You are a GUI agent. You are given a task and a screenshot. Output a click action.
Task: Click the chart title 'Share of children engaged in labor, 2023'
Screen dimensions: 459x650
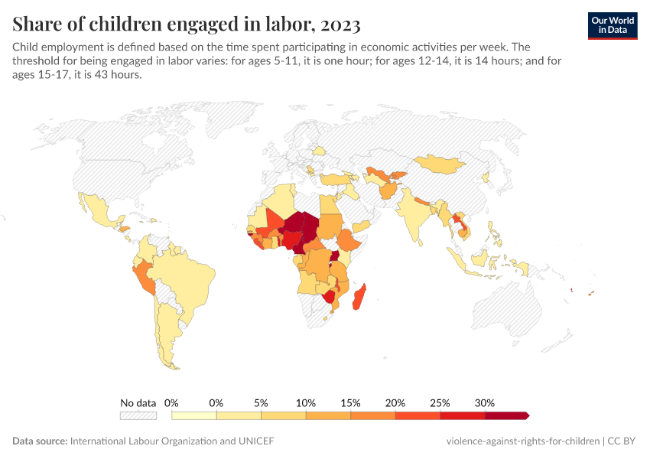point(187,24)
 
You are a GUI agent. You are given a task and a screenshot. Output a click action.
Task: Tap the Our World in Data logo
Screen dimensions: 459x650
point(612,25)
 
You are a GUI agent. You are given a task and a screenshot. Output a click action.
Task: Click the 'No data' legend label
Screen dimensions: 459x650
point(138,402)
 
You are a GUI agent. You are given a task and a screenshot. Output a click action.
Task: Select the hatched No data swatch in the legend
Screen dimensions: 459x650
point(138,415)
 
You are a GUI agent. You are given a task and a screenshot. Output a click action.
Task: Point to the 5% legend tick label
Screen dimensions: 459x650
point(261,402)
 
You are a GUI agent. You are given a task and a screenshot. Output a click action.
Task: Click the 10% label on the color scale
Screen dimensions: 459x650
point(306,402)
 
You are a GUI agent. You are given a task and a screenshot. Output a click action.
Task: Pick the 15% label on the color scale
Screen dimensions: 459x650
point(350,402)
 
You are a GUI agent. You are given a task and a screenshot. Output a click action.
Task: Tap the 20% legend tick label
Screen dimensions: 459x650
point(395,402)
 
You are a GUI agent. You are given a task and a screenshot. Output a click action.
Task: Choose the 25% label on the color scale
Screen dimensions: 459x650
point(440,402)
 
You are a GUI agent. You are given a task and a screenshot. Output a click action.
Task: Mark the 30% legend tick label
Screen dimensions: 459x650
point(485,402)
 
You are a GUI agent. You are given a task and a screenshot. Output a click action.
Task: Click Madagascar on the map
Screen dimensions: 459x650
point(359,298)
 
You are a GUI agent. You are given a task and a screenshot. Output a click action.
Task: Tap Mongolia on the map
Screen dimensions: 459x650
point(441,163)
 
